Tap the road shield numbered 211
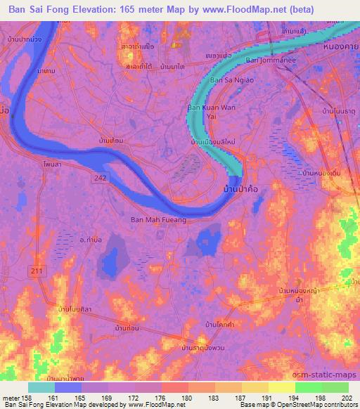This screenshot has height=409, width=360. pos(34,271)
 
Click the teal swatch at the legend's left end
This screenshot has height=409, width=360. pos(41,387)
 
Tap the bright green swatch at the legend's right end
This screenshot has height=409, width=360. pos(335,387)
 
